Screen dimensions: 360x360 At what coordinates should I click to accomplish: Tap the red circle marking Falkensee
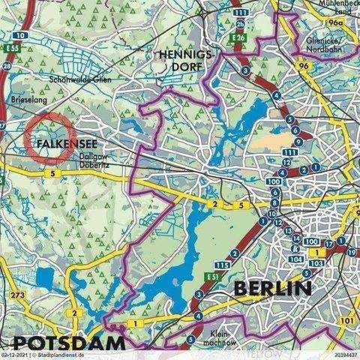(49, 135)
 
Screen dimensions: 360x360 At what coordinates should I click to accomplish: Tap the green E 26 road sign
(239, 37)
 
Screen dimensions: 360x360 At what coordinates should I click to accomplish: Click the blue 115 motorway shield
(220, 266)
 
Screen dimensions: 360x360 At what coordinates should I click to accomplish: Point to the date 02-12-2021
(17, 355)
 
